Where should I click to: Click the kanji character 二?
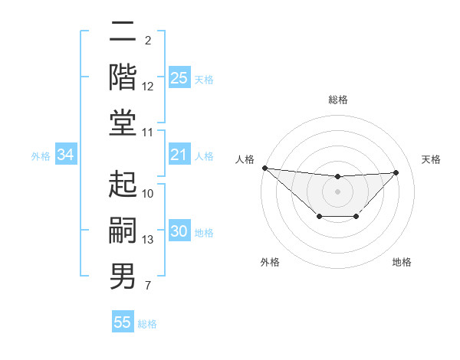123,32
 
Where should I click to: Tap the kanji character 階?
123,77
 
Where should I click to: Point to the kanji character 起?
123,184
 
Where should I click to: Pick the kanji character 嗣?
123,229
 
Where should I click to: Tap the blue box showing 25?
179,78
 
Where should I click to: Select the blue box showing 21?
179,155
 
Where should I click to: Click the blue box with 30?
179,232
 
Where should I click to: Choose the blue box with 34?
66,155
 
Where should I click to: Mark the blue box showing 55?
123,322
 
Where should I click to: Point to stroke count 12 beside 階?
148,87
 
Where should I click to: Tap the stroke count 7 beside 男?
147,286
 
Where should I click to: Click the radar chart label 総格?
337,100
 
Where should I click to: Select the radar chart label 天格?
431,159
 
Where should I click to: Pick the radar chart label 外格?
270,262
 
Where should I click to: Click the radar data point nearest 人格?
264,168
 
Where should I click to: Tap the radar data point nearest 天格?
396,172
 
